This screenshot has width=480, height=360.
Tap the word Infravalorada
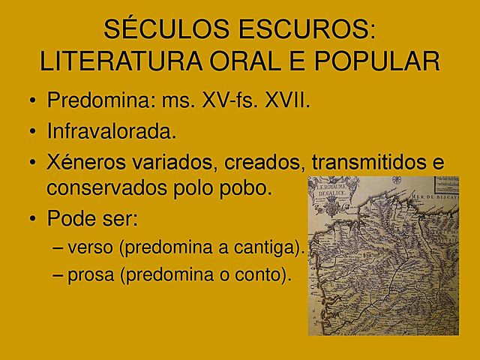point(112,132)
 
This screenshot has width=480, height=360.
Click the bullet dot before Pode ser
point(32,219)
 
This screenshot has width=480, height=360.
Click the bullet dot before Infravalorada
point(32,133)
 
